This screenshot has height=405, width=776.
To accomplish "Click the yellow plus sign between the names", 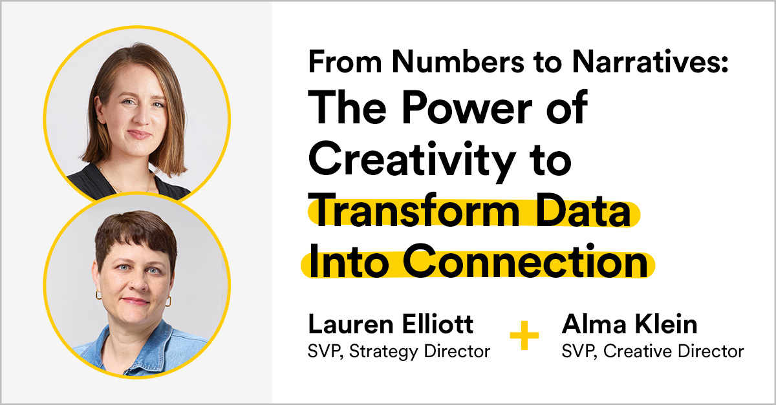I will pyautogui.click(x=524, y=336).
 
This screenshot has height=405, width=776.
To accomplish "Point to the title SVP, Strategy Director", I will pyautogui.click(x=398, y=351).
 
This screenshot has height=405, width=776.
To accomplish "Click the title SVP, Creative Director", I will pyautogui.click(x=652, y=351).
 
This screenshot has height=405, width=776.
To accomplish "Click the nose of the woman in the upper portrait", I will pyautogui.click(x=136, y=119).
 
